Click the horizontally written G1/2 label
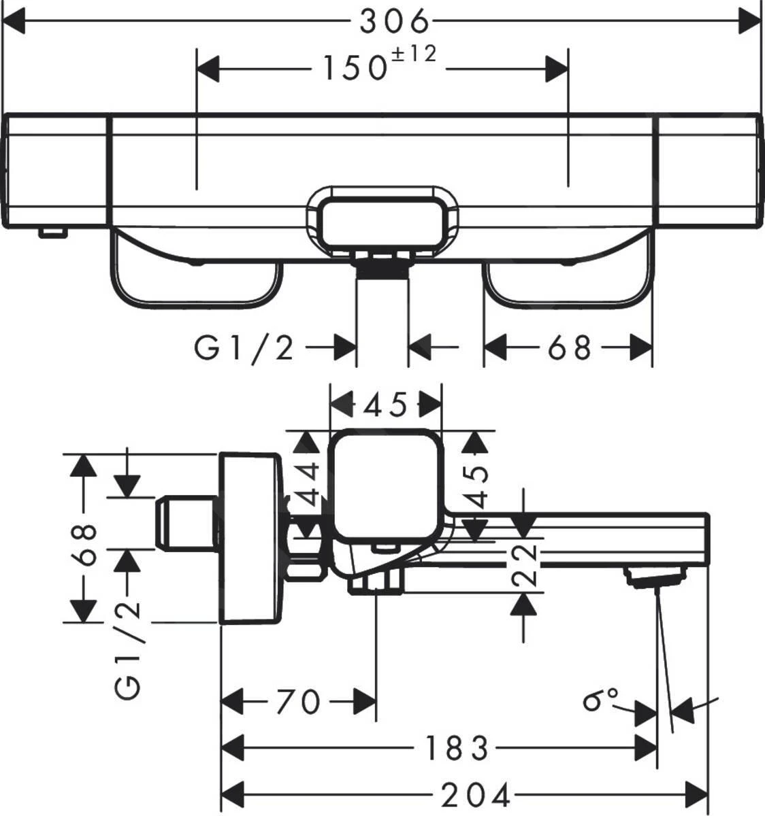tap(244, 349)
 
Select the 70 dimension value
tap(299, 702)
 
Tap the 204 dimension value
tap(476, 794)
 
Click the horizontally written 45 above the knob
tap(385, 405)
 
